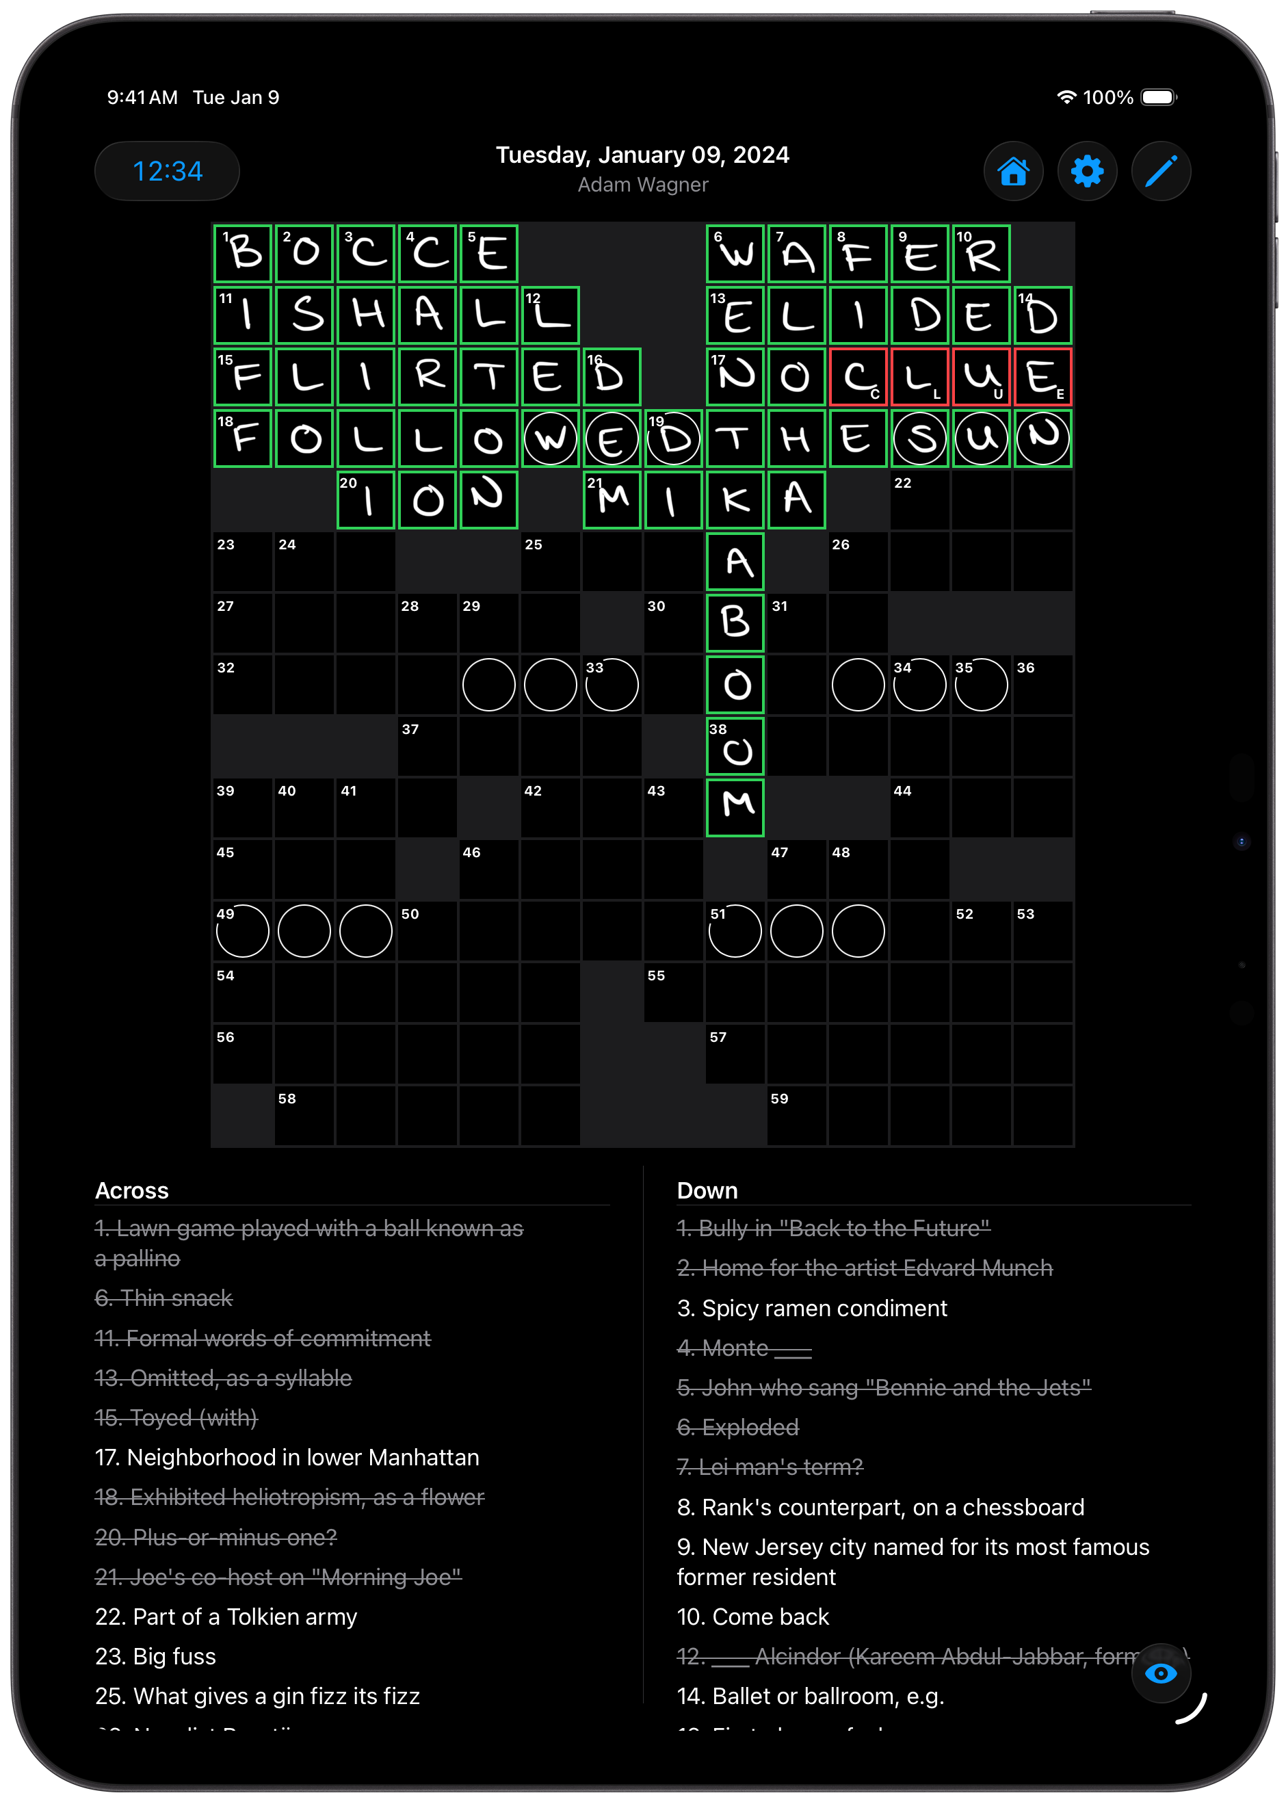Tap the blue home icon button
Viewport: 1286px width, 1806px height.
[x=1013, y=171]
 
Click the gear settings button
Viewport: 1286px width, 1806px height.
[x=1086, y=171]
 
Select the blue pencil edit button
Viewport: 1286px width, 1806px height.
[x=1160, y=171]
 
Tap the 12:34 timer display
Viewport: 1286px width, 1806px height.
[x=167, y=171]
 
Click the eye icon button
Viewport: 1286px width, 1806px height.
[x=1160, y=1673]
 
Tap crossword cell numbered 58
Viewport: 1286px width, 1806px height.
[x=304, y=1116]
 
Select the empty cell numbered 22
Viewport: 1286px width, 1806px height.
[x=919, y=500]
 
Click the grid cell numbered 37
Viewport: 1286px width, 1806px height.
[x=428, y=746]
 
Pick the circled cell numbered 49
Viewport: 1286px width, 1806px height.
[x=243, y=931]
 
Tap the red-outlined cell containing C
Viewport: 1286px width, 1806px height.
[x=858, y=377]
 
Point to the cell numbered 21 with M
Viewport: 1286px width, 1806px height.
[x=612, y=500]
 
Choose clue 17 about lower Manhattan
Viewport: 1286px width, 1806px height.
[x=287, y=1458]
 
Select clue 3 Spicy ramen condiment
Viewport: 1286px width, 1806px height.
[x=812, y=1308]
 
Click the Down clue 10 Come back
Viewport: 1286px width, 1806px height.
[x=752, y=1617]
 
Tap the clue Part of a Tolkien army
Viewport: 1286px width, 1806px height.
[x=226, y=1617]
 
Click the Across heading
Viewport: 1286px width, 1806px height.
[x=131, y=1191]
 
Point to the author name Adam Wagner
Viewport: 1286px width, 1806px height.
[x=642, y=185]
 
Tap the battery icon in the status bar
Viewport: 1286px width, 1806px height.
[x=1159, y=97]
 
